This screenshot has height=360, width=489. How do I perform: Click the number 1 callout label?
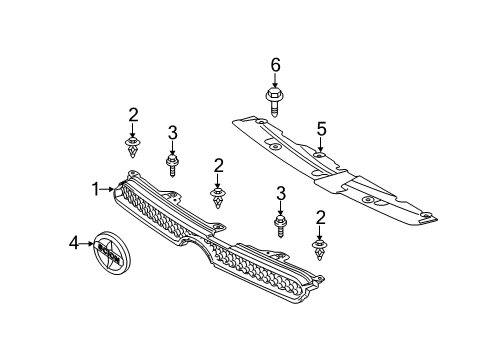click(x=97, y=188)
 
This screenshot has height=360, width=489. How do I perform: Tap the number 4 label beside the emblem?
click(x=74, y=243)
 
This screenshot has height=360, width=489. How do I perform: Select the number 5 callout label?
click(x=322, y=128)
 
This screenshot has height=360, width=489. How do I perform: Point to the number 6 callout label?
click(x=275, y=64)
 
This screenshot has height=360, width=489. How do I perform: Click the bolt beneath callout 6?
click(x=275, y=100)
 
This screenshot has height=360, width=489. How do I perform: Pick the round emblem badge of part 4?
click(x=108, y=258)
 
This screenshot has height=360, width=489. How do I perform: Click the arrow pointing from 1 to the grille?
click(x=111, y=188)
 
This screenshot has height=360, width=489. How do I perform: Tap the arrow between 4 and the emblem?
click(x=86, y=243)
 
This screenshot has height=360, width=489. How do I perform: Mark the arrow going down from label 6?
click(x=275, y=80)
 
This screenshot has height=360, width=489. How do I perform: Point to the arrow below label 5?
click(x=322, y=145)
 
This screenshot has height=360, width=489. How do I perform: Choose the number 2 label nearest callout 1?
click(x=132, y=114)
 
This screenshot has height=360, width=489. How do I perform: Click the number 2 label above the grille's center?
click(x=217, y=164)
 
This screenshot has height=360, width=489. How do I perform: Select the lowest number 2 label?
click(x=320, y=216)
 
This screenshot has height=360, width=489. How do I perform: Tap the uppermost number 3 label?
click(x=172, y=132)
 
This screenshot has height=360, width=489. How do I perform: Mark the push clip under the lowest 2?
click(x=320, y=250)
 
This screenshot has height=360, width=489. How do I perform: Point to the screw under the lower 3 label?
click(x=280, y=226)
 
